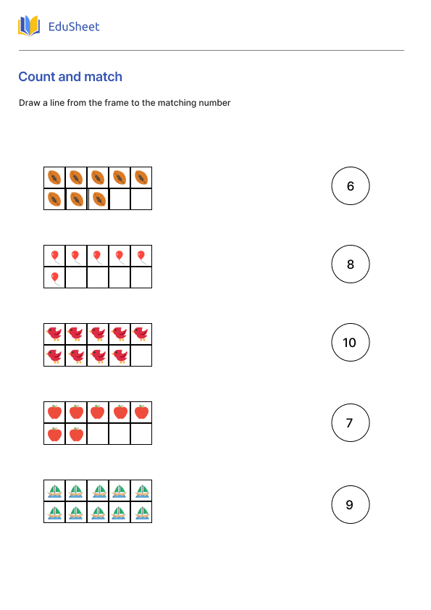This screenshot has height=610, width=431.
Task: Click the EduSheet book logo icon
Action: (x=29, y=27)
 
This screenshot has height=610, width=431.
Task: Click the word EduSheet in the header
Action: (x=73, y=27)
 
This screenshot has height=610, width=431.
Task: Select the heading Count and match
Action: (x=70, y=77)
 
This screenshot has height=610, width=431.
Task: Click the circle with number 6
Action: (x=351, y=186)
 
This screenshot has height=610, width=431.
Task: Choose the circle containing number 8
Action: (x=351, y=264)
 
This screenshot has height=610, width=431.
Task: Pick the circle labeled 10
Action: (x=351, y=343)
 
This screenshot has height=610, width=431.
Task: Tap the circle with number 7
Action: (x=351, y=423)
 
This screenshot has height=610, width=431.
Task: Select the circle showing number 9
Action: (x=351, y=505)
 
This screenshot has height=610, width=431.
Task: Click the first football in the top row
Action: (x=54, y=177)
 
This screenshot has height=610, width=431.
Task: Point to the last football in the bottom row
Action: (x=99, y=199)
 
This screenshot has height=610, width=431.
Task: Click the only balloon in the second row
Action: (x=54, y=277)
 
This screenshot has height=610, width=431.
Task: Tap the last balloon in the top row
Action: (x=141, y=256)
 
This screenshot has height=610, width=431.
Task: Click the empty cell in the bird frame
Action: (x=141, y=356)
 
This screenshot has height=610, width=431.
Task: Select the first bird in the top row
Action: (x=54, y=334)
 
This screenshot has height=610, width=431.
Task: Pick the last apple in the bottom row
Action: (x=76, y=434)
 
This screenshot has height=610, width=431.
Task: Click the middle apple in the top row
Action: (x=98, y=412)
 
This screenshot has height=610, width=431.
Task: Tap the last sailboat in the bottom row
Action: (x=141, y=512)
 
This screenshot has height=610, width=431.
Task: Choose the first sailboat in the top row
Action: (x=54, y=490)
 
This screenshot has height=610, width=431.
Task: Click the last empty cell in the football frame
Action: (x=141, y=199)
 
